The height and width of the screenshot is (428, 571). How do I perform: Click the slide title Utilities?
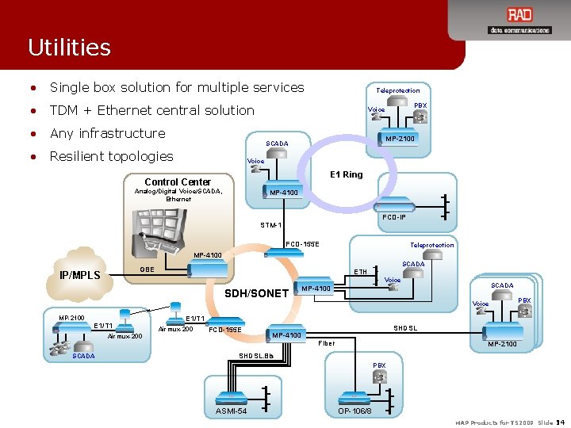click(69, 48)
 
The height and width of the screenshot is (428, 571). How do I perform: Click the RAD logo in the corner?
click(519, 20)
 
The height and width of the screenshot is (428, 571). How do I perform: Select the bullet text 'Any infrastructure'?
click(107, 133)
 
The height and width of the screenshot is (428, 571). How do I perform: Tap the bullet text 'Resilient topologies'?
click(111, 156)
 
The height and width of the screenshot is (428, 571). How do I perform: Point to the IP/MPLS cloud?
click(80, 275)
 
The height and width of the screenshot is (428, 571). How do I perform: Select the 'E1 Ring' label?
click(346, 174)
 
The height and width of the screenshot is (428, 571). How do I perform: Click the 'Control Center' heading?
click(178, 182)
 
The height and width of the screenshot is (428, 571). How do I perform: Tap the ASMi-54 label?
click(231, 411)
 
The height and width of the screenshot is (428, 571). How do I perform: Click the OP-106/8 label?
click(354, 411)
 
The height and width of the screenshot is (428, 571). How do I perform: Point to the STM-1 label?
click(270, 225)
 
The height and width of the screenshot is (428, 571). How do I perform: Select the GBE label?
click(147, 269)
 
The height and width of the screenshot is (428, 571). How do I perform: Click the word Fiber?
click(326, 343)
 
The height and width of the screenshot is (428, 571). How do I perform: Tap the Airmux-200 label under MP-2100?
click(125, 336)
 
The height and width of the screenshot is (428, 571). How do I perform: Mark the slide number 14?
click(561, 422)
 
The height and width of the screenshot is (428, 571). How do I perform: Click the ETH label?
click(360, 272)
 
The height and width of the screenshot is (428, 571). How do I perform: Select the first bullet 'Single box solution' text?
click(177, 87)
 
